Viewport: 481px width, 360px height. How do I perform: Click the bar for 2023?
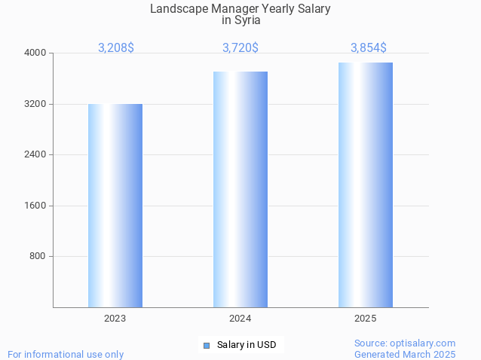pyautogui.click(x=115, y=206)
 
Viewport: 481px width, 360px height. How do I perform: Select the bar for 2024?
pyautogui.click(x=240, y=189)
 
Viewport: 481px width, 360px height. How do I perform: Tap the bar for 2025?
pyautogui.click(x=366, y=185)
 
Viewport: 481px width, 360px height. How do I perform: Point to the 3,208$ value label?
pyautogui.click(x=116, y=47)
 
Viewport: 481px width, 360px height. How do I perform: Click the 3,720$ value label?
pyautogui.click(x=240, y=47)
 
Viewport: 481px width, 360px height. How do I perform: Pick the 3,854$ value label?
pyautogui.click(x=369, y=47)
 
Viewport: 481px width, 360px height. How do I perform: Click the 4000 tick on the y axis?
pyautogui.click(x=35, y=53)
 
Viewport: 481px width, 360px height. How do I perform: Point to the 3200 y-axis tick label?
pyautogui.click(x=35, y=104)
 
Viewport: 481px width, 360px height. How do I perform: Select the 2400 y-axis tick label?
pyautogui.click(x=35, y=155)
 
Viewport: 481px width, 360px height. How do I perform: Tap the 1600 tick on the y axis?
pyautogui.click(x=35, y=206)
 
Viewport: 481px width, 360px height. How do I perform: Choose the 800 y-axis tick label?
pyautogui.click(x=38, y=257)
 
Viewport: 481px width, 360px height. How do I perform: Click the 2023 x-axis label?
pyautogui.click(x=115, y=319)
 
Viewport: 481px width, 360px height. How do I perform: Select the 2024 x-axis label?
pyautogui.click(x=240, y=319)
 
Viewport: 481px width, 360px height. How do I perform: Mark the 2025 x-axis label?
pyautogui.click(x=366, y=319)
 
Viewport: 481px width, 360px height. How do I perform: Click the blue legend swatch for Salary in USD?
pyautogui.click(x=206, y=346)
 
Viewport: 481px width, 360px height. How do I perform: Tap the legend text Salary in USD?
pyautogui.click(x=247, y=346)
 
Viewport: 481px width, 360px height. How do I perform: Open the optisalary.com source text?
pyautogui.click(x=405, y=343)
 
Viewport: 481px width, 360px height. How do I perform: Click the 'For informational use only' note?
pyautogui.click(x=66, y=354)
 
